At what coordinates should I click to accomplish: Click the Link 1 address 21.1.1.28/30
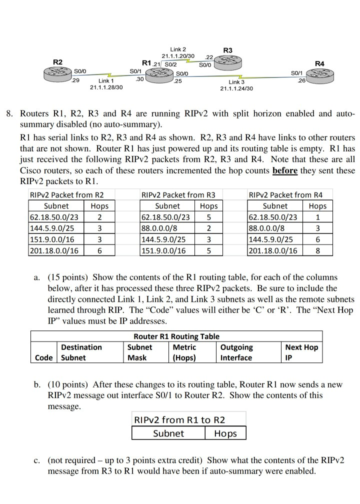click(106, 87)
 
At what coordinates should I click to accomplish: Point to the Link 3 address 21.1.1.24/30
click(236, 88)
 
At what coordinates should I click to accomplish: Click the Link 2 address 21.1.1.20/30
click(178, 55)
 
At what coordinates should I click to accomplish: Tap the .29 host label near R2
click(76, 80)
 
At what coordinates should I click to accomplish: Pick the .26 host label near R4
click(300, 80)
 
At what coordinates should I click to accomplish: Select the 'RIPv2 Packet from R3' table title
click(178, 195)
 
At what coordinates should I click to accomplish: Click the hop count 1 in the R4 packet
click(317, 217)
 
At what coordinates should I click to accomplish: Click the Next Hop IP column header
click(301, 352)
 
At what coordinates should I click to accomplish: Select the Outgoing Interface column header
click(236, 352)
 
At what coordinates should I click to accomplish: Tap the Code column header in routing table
click(44, 357)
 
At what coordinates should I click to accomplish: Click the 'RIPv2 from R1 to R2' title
click(179, 419)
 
